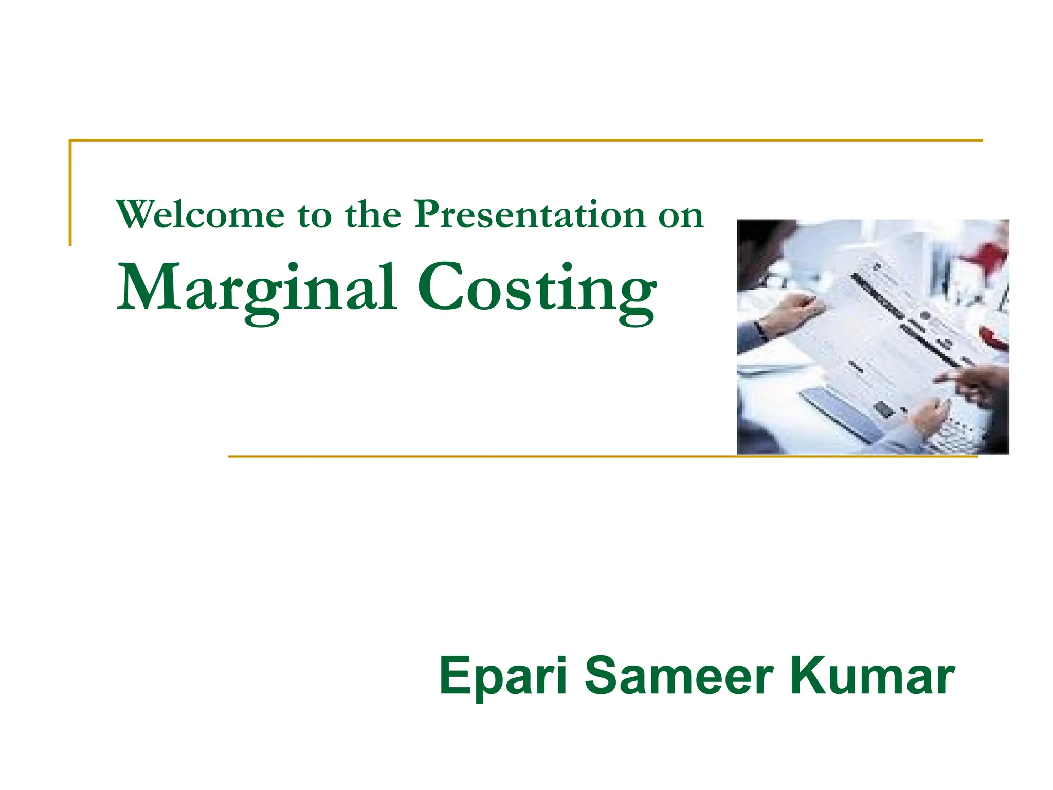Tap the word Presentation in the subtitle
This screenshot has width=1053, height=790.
pyautogui.click(x=530, y=214)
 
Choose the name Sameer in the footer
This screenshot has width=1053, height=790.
pyautogui.click(x=679, y=676)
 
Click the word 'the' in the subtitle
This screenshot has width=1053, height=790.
pyautogui.click(x=373, y=214)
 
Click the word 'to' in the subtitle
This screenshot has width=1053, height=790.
pyautogui.click(x=315, y=216)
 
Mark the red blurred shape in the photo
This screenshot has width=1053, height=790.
pyautogui.click(x=985, y=255)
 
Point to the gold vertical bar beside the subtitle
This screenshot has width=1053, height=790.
pyautogui.click(x=70, y=193)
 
